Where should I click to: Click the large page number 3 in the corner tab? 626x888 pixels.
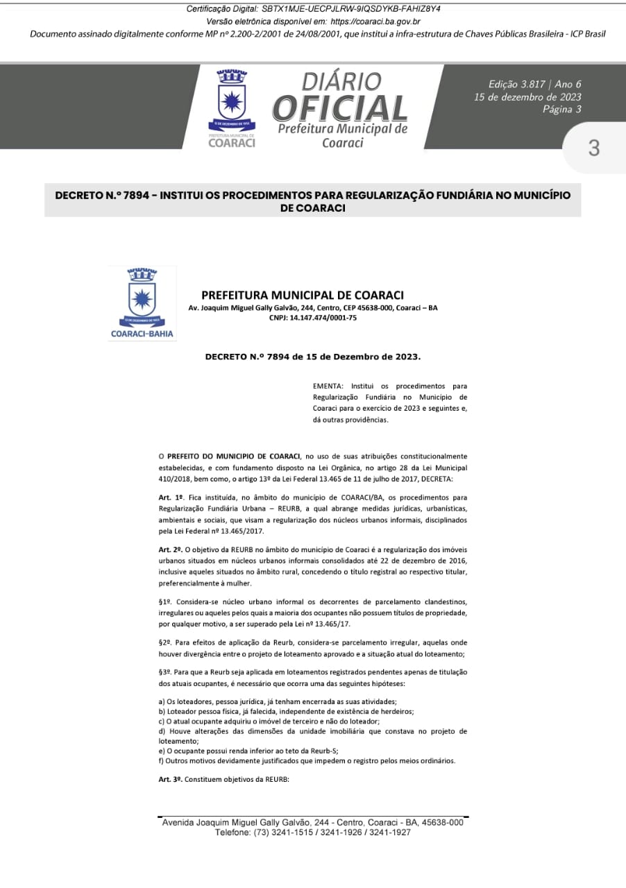[593, 148]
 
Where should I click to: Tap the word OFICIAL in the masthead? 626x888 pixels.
[340, 108]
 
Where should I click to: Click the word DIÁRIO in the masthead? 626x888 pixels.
[341, 82]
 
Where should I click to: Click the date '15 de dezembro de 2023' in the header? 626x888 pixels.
[527, 97]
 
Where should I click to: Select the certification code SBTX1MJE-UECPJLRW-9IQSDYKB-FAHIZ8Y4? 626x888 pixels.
[351, 9]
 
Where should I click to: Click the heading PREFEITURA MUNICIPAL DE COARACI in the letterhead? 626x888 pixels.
[303, 295]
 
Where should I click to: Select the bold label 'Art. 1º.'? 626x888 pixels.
[170, 497]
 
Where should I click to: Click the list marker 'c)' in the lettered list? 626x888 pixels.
[162, 721]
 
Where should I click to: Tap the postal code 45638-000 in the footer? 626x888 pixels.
[440, 822]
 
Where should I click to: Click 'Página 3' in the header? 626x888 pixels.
[562, 109]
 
